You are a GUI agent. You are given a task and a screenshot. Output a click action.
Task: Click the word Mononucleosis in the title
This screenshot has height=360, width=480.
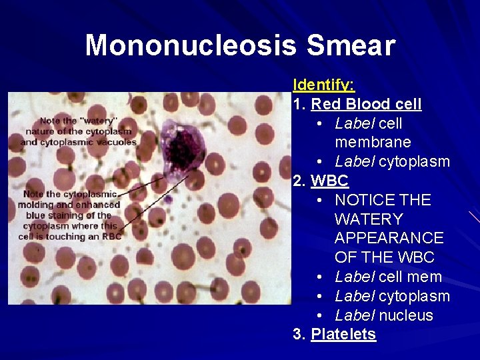pos(191,45)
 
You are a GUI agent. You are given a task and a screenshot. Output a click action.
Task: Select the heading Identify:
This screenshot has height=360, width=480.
pos(324,85)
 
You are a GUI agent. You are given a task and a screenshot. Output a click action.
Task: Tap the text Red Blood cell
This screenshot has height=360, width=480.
pos(366,104)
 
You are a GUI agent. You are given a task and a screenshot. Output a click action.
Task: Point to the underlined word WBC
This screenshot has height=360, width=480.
pos(329,181)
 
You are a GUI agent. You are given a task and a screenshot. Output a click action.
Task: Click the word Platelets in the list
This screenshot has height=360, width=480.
pos(343,334)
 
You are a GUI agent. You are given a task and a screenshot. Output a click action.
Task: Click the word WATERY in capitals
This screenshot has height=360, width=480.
pos(369,219)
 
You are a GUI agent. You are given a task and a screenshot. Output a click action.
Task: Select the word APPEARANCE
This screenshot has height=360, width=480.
pos(389,238)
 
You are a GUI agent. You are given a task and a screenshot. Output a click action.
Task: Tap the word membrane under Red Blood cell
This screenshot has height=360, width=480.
pos(373,143)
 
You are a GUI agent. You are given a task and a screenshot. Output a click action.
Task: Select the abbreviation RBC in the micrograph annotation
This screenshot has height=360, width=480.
pos(111,236)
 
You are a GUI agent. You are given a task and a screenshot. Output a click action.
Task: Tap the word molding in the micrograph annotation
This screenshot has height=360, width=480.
pos(37,205)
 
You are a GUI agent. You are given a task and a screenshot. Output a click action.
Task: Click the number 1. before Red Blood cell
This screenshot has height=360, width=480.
pos(299,104)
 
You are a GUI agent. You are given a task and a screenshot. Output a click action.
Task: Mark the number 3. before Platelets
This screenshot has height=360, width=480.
pos(299,334)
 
